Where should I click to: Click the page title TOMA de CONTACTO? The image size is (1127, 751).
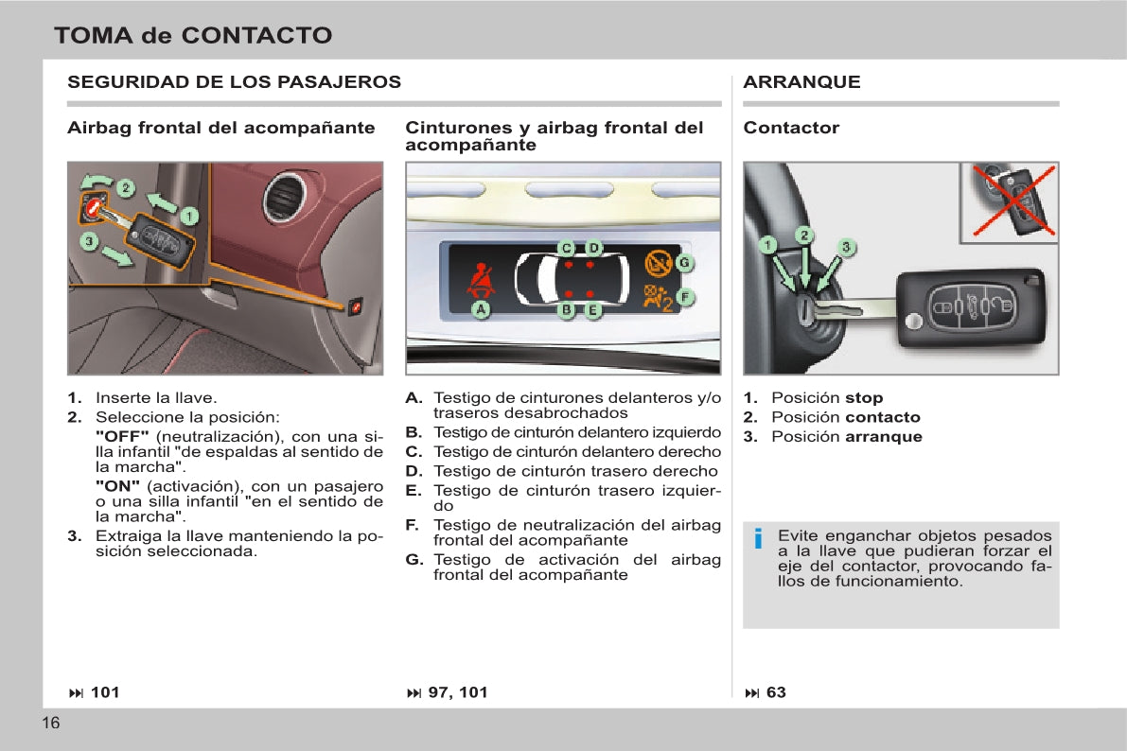193,36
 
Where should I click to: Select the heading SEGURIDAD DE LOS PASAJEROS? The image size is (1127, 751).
234,82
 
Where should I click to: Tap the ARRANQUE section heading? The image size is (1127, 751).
801,82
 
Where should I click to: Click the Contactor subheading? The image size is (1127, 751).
791,128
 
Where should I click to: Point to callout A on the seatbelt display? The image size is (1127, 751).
481,309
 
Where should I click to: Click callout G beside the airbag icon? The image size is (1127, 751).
684,262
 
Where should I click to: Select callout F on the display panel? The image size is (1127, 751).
684,297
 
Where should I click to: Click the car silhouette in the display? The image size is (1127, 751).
571,278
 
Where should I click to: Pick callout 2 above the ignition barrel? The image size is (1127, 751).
803,235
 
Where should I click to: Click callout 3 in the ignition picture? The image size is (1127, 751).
847,247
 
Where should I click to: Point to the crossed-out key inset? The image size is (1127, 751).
1010,201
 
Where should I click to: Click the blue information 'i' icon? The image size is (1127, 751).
758,540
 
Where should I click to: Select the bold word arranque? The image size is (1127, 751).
883,437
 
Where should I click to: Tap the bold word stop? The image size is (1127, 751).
863,398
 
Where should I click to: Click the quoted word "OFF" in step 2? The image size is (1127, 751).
122,436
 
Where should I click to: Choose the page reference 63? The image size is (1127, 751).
775,692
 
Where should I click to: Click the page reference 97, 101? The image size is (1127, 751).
457,692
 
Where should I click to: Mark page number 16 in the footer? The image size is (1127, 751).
51,724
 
